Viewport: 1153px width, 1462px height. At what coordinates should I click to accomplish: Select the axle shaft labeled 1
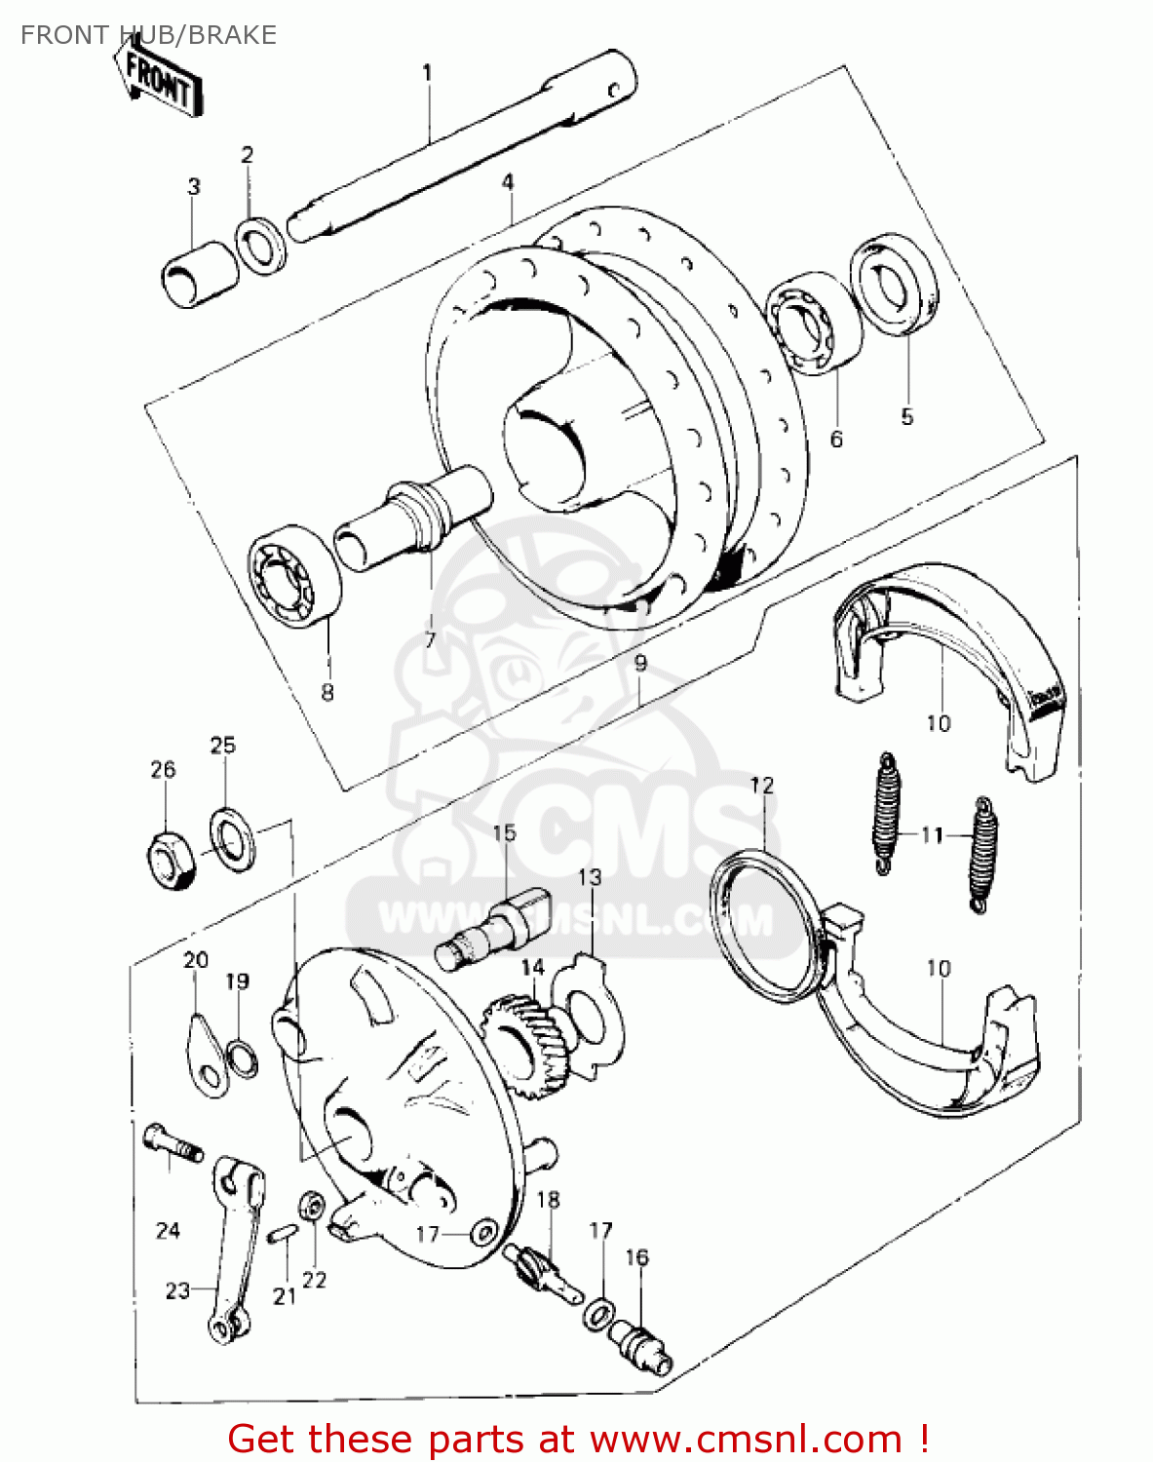[458, 146]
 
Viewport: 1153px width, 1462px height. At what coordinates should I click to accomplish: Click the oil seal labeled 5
[895, 283]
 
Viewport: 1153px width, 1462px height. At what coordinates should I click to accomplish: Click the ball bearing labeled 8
[293, 575]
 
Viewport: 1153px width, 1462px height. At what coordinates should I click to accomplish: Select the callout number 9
[639, 664]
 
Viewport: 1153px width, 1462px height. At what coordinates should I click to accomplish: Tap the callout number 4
[508, 182]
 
